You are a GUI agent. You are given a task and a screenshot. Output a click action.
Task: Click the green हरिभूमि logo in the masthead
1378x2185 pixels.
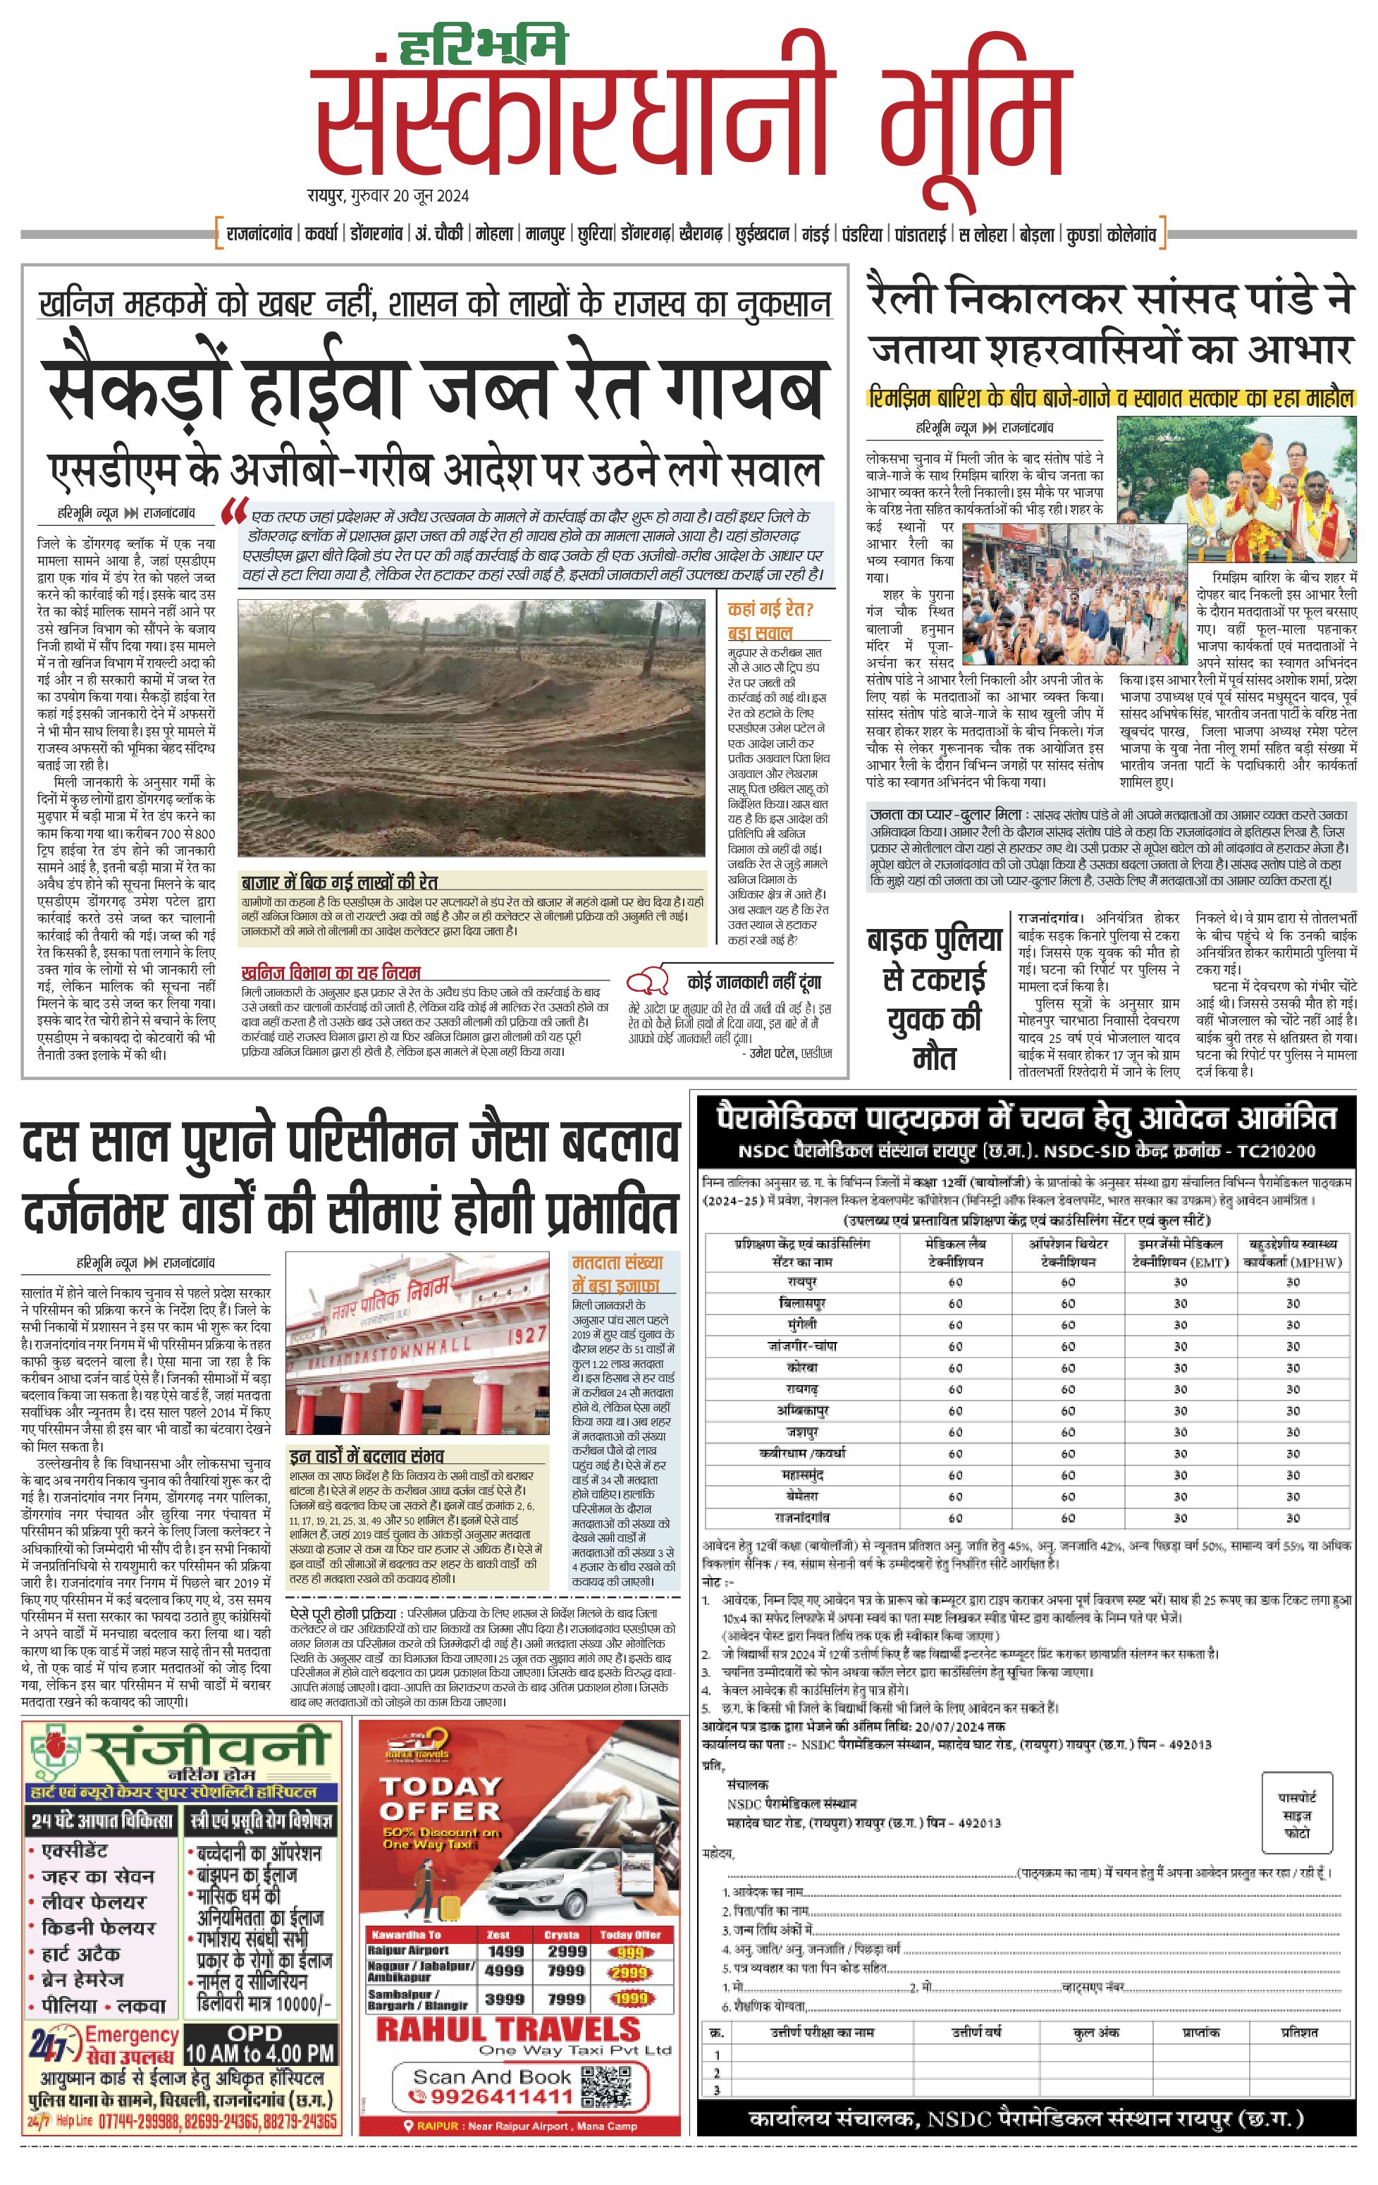483,45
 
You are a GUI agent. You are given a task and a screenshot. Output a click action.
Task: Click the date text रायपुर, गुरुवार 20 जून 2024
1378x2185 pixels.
388,196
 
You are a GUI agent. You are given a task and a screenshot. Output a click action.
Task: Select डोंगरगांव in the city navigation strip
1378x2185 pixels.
376,234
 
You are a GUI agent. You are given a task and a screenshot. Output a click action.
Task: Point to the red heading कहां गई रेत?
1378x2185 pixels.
770,610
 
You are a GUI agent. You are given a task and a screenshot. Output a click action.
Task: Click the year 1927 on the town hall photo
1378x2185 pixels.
526,1335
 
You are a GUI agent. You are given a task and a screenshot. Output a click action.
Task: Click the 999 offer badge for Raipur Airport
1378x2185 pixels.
629,1952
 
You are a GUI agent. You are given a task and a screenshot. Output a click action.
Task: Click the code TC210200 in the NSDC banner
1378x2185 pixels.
1284,1152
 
